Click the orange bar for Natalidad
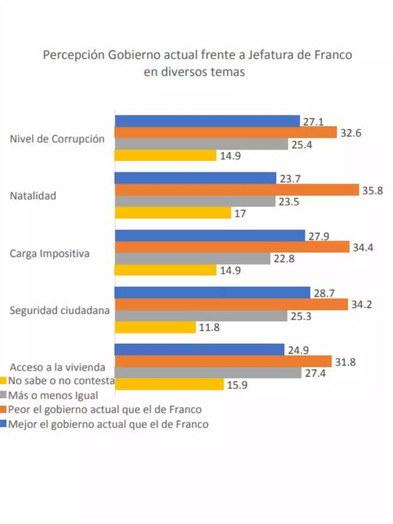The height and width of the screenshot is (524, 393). click(236, 190)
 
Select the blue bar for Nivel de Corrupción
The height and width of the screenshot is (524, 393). click(207, 121)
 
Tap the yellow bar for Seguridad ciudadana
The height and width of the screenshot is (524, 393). click(155, 327)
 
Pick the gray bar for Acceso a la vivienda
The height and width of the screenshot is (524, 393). click(208, 373)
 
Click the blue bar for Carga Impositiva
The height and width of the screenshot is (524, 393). click(210, 235)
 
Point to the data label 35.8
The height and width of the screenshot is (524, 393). click(372, 191)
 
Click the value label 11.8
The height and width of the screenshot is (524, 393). click(209, 327)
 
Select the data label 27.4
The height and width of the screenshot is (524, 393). click(315, 373)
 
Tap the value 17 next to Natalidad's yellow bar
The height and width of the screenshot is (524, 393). click(240, 214)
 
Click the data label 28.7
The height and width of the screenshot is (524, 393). click(324, 293)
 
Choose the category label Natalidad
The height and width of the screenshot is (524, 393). click(33, 196)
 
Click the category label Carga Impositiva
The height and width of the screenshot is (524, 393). click(49, 253)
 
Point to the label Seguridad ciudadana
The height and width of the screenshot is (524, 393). click(59, 310)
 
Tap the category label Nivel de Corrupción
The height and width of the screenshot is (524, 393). click(57, 139)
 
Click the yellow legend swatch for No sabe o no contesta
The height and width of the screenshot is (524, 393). click(3, 381)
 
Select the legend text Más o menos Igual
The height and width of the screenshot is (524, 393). click(53, 395)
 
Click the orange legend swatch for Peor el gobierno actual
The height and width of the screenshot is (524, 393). click(3, 409)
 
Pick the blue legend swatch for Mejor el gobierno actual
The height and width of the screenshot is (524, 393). click(3, 424)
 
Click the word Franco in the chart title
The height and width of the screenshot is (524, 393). click(333, 55)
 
